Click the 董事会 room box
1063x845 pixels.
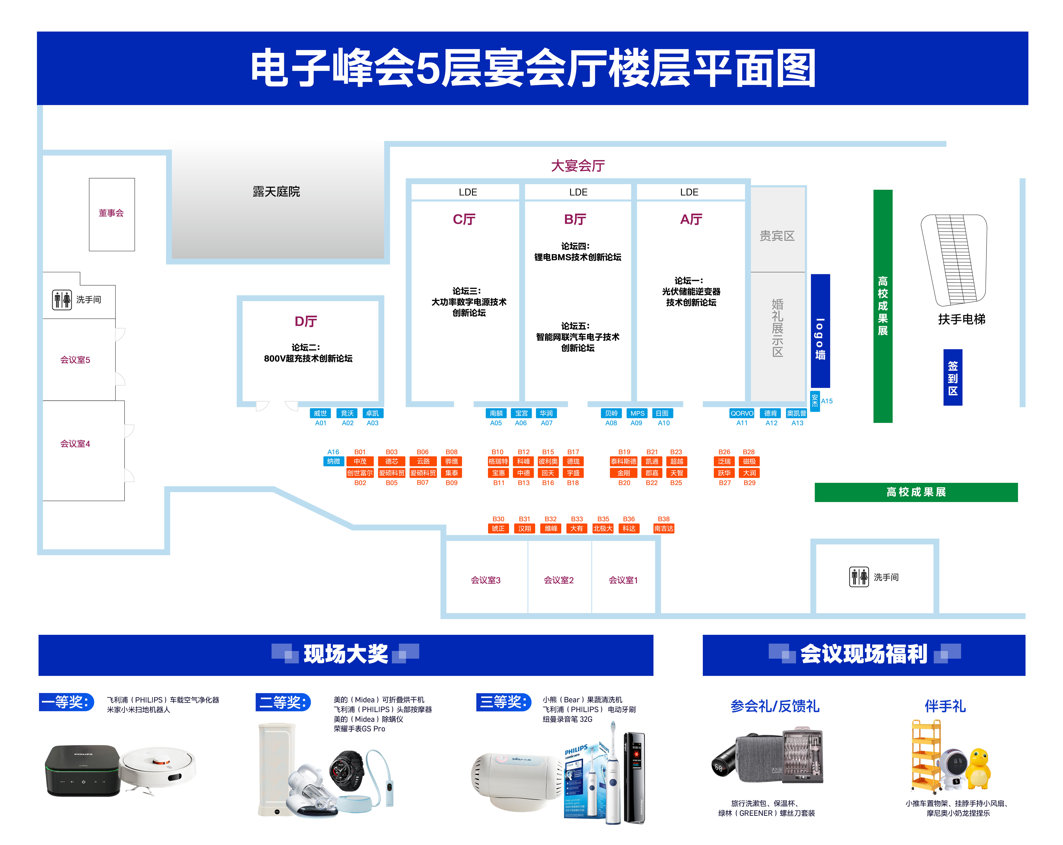tap(111, 214)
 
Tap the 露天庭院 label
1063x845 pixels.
tap(276, 191)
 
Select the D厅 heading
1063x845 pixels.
tap(306, 322)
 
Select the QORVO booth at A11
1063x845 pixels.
tap(742, 413)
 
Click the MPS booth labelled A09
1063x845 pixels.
tap(637, 413)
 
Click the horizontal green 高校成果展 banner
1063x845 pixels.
tap(916, 492)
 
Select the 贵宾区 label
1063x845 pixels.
tap(777, 236)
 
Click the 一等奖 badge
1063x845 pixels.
tap(66, 701)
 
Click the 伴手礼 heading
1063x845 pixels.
tap(945, 706)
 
